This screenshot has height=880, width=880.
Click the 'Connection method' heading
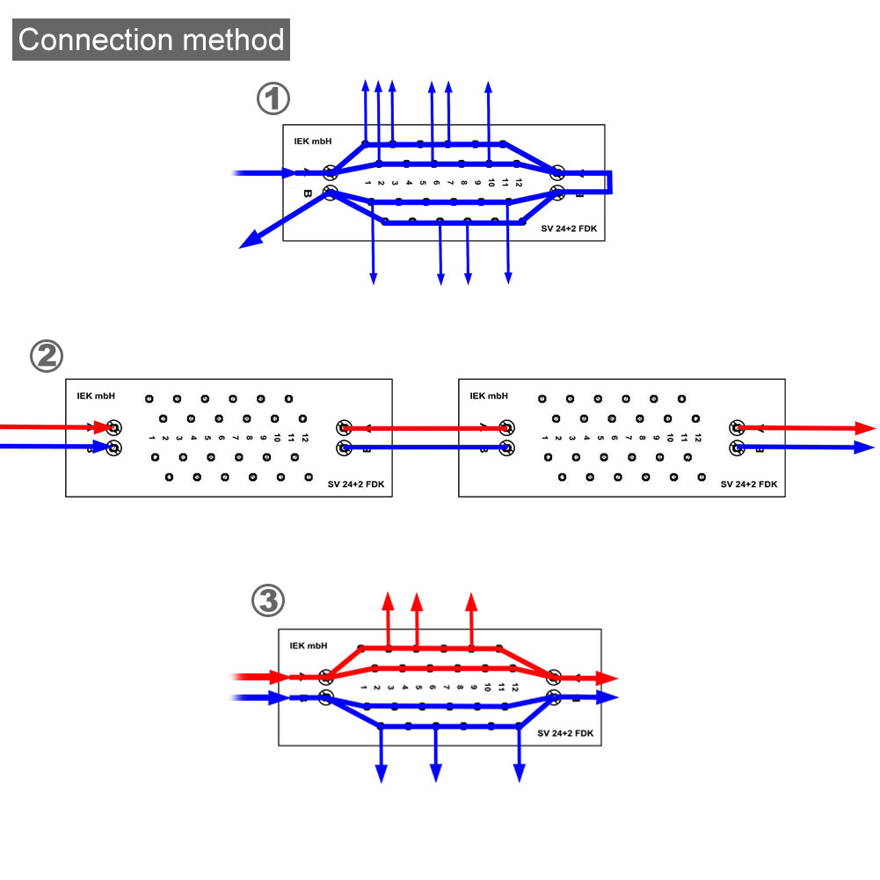coord(151,40)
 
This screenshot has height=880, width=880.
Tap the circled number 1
coord(273,99)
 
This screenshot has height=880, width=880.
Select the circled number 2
coord(47,356)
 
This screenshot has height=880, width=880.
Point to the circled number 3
coord(268,602)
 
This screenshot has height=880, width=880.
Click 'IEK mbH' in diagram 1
coord(313,141)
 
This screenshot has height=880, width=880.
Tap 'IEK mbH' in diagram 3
coord(309,645)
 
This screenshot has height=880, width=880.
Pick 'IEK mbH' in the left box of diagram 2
coord(95,396)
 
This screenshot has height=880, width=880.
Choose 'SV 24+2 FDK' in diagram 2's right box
coord(749,484)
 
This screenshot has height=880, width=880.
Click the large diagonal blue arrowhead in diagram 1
coord(251,239)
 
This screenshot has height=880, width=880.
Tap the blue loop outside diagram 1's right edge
coord(608,182)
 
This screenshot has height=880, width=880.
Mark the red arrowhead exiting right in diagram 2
coord(866,428)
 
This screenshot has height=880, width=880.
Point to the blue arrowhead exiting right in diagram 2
coord(866,447)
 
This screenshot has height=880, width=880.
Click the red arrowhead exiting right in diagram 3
coord(607,679)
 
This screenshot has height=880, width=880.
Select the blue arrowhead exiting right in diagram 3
coord(607,697)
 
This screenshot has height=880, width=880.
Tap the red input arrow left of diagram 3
coord(264,678)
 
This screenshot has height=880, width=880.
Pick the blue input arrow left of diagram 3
coord(264,698)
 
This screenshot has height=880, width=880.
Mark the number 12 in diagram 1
coord(519,183)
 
